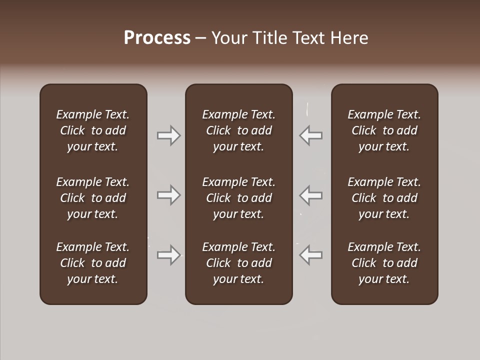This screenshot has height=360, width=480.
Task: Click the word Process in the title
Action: coord(157,38)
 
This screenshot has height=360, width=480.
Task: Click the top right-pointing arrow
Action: coord(168,135)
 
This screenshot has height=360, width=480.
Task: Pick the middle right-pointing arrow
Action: coord(168,195)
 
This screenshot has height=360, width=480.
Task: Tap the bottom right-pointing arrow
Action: coord(168,255)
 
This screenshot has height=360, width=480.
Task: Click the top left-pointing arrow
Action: coord(311,135)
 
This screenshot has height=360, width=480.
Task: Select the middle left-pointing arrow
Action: coord(311,195)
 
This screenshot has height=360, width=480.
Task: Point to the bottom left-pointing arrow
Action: coord(311,255)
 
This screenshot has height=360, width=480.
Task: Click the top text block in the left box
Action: coord(93,130)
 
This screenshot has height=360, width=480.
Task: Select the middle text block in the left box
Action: coord(93,198)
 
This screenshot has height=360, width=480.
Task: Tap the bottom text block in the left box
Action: coord(93,263)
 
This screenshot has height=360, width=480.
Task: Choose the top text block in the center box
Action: coord(238,130)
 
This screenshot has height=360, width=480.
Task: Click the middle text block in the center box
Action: coord(238,198)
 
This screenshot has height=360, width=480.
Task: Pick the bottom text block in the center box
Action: coord(238,263)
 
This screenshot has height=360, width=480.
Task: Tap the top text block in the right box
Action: coord(384,130)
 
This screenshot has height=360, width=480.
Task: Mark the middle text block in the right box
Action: coord(384,198)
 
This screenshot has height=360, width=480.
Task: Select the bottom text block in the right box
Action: coord(384,263)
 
